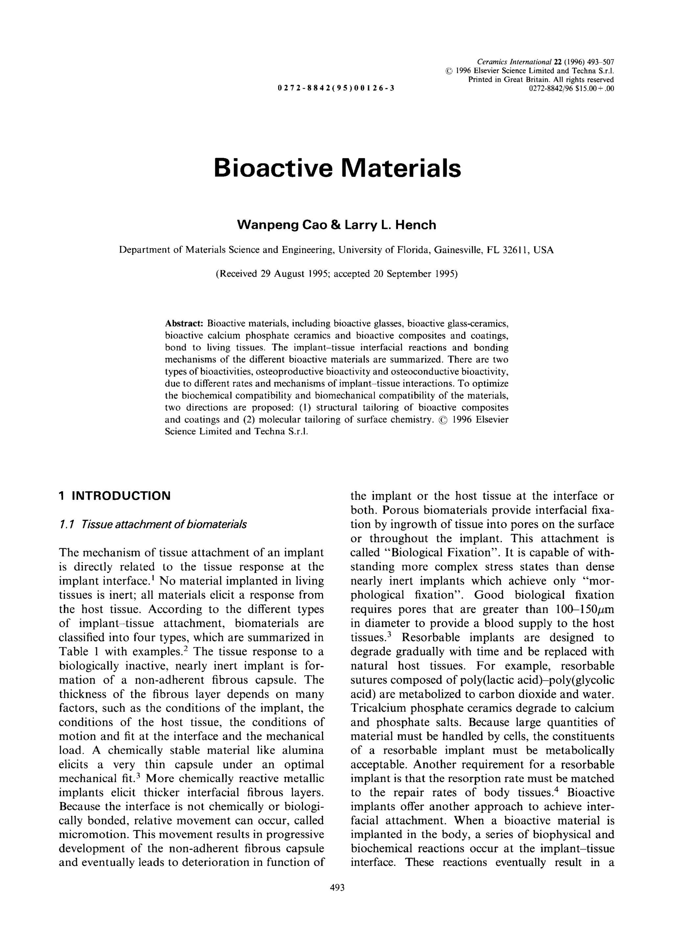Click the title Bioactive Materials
(336, 168)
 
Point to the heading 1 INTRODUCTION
(114, 496)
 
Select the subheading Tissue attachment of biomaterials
(164, 524)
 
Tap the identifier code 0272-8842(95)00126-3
(336, 87)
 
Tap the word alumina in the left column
(303, 750)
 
